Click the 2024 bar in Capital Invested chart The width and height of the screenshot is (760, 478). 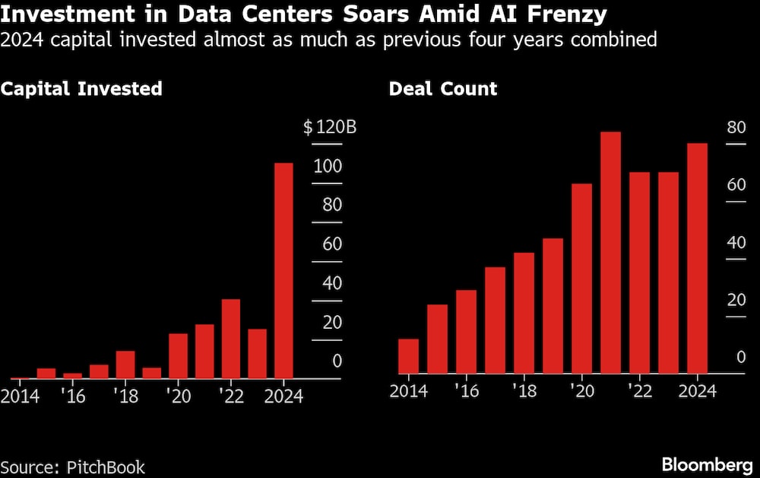[283, 270]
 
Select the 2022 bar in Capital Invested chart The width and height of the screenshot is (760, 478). [231, 339]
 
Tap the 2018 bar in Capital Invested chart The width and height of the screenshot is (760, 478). [125, 365]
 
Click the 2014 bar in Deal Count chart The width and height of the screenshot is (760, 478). [409, 356]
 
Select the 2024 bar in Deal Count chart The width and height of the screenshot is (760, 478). [698, 259]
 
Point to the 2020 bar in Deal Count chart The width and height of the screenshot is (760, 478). [582, 279]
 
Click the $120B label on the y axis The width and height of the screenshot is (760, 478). [330, 127]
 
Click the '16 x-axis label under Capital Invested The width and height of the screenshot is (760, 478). [73, 397]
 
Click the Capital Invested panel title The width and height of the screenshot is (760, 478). [81, 88]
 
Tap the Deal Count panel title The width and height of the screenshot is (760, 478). [443, 88]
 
